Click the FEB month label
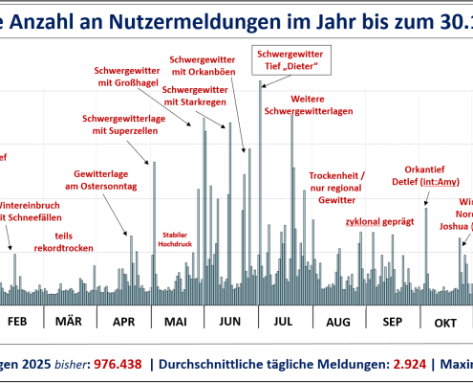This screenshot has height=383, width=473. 17,322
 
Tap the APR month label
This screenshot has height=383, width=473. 124,322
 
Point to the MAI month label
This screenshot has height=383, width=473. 177,322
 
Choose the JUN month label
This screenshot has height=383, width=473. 230,322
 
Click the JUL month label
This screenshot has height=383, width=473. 284,322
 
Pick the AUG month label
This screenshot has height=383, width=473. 338,322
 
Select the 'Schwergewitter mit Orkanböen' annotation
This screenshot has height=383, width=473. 204,64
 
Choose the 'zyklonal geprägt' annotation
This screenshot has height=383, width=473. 379,221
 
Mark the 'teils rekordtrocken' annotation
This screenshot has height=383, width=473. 48,240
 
